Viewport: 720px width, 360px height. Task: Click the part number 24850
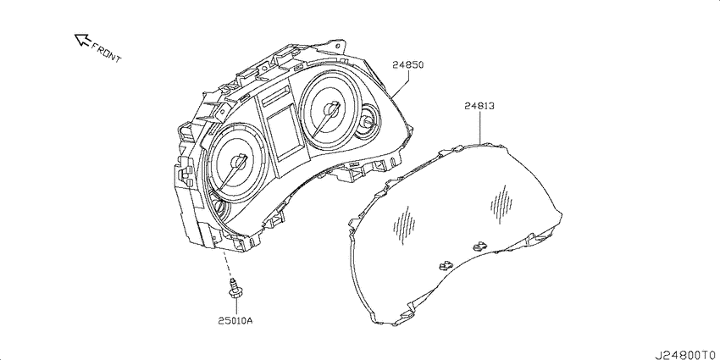point(407,65)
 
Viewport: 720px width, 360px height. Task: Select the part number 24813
point(479,106)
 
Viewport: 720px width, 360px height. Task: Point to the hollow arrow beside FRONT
point(83,40)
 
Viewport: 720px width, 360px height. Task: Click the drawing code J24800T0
point(686,354)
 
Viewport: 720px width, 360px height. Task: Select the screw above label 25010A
point(235,290)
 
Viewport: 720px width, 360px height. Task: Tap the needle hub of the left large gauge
point(238,162)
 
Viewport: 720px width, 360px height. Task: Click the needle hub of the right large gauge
point(330,109)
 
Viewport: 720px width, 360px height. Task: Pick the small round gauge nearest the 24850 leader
point(368,121)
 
